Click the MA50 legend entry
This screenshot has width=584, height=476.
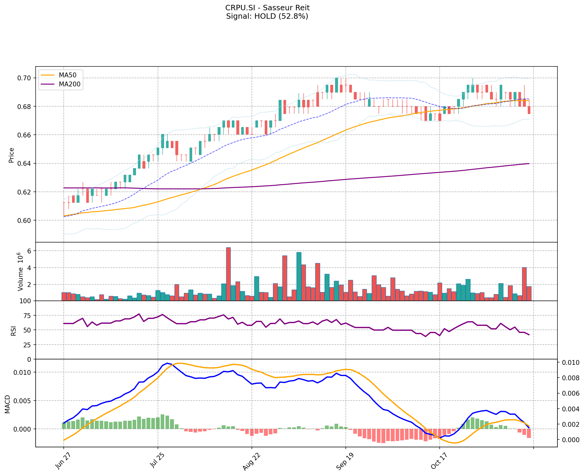click(x=67, y=75)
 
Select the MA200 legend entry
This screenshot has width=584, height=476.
click(x=69, y=84)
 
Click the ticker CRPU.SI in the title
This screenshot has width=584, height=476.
click(x=239, y=8)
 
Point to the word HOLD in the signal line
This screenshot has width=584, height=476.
click(x=265, y=16)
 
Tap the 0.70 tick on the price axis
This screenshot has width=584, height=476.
click(x=24, y=78)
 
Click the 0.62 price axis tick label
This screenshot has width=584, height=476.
click(x=24, y=192)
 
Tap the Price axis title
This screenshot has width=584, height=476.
click(x=11, y=155)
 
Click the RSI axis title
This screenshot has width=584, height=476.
click(x=13, y=330)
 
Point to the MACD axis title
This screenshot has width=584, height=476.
click(x=7, y=404)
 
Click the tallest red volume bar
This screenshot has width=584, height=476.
click(x=228, y=274)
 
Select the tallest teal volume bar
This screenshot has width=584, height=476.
click(x=299, y=276)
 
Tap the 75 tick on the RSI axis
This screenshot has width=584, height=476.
click(x=27, y=316)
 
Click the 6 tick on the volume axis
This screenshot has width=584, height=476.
click(x=29, y=251)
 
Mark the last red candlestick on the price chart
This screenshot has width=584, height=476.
click(x=529, y=110)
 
